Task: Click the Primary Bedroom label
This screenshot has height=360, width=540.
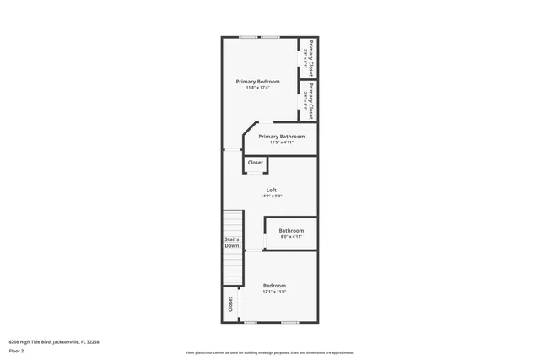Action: [257, 81]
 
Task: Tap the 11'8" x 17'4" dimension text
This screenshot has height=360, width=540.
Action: [257, 88]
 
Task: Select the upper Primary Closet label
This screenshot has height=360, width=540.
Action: [310, 57]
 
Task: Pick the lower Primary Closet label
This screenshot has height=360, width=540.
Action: [310, 100]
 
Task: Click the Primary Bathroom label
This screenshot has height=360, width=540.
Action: [282, 136]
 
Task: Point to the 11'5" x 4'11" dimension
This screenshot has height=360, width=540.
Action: [282, 142]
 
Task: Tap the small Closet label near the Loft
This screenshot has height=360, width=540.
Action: [256, 162]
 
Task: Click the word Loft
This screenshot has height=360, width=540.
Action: [272, 190]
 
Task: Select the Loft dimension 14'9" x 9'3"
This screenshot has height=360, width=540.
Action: [272, 196]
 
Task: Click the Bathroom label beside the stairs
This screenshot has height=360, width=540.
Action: [291, 230]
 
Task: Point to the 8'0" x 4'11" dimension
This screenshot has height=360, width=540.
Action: [291, 237]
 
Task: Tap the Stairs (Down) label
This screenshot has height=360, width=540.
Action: [232, 243]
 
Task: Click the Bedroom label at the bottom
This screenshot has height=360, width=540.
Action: [274, 285]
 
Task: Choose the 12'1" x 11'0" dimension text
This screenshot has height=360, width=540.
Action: [274, 292]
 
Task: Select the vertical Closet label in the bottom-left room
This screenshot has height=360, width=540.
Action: [229, 304]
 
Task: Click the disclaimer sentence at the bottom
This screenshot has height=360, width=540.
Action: [270, 352]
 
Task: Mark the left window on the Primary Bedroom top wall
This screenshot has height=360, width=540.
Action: [248, 37]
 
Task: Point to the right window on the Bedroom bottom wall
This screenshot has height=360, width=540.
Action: [290, 322]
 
